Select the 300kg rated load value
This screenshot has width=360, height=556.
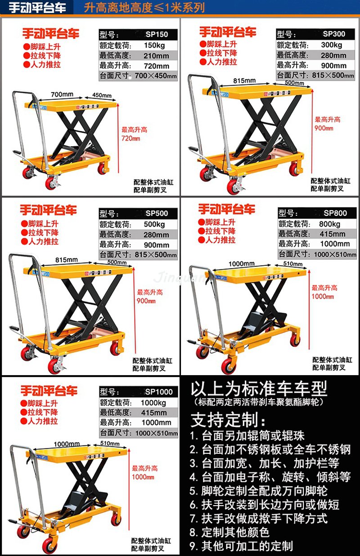(x=332, y=45)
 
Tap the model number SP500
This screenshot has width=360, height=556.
(x=157, y=213)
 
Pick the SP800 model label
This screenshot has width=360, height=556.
(x=335, y=213)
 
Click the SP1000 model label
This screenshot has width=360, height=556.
(x=158, y=391)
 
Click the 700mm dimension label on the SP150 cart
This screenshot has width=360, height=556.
(x=62, y=95)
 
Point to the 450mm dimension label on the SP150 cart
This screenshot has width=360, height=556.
(x=102, y=95)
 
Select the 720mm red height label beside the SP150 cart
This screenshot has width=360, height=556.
(x=130, y=139)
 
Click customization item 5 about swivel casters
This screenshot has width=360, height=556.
(x=258, y=490)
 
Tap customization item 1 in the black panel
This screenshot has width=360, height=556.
(x=247, y=435)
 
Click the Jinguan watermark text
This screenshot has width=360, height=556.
(x=180, y=278)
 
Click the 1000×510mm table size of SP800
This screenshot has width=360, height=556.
(x=333, y=254)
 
